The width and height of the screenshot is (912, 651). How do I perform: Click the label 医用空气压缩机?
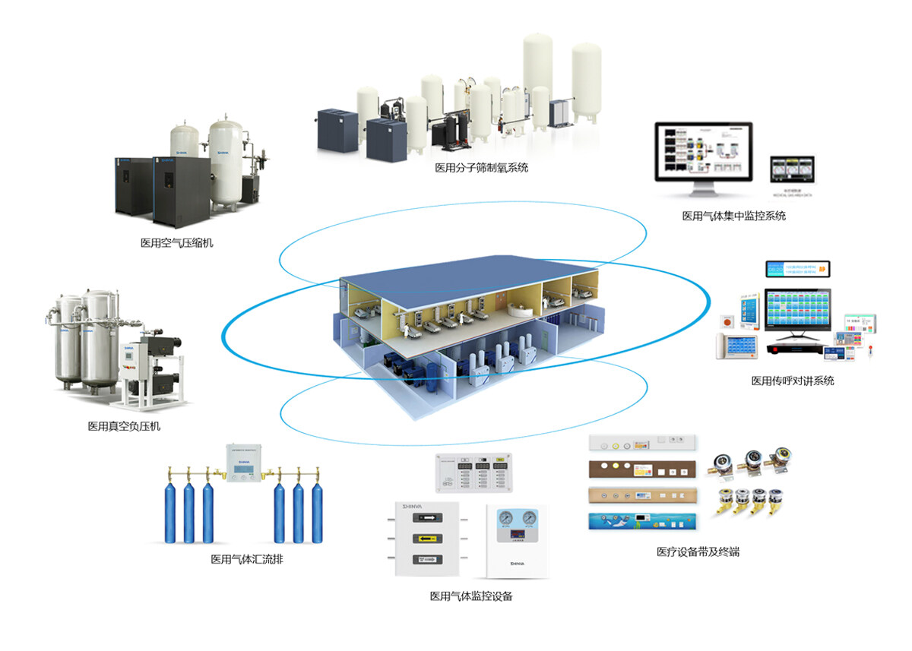[177, 243]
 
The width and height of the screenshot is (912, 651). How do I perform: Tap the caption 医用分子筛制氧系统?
[481, 168]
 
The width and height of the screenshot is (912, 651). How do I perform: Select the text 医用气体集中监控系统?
[733, 216]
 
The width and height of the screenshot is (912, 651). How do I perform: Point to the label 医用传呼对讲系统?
[793, 381]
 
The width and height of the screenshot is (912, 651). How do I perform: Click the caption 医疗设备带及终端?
[698, 552]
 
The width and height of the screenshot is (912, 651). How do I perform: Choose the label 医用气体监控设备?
[471, 596]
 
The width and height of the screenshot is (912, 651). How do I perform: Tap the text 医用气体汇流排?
[247, 560]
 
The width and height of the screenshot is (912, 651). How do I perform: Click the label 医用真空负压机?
[124, 426]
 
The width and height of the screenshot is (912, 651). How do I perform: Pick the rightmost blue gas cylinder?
[317, 513]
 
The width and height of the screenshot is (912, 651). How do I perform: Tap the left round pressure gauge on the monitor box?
[505, 518]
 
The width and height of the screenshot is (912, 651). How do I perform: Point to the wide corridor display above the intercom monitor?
[797, 269]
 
